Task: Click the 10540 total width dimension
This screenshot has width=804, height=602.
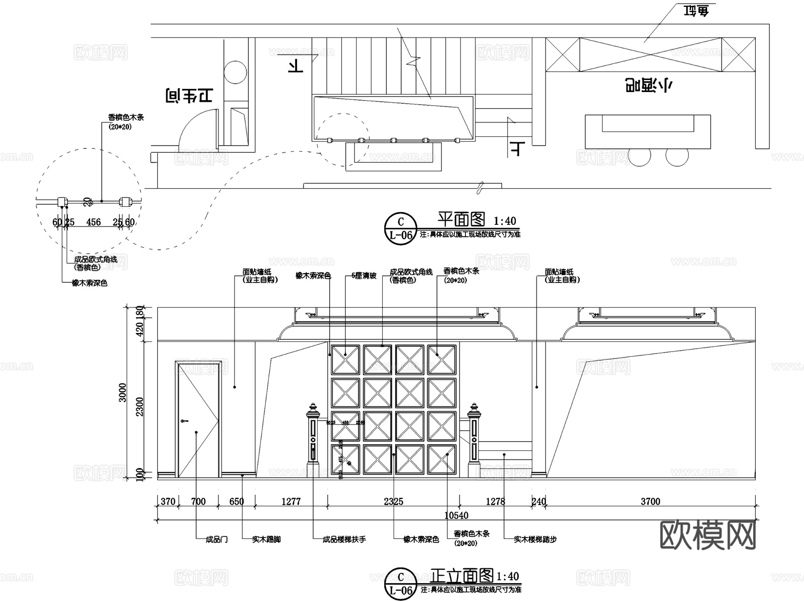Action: pyautogui.click(x=456, y=515)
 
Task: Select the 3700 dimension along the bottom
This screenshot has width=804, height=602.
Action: pyautogui.click(x=650, y=501)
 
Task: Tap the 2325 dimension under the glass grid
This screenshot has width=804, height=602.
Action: pyautogui.click(x=393, y=501)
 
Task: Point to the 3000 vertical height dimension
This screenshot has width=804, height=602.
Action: pyautogui.click(x=122, y=392)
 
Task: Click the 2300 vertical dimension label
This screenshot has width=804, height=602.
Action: pyautogui.click(x=140, y=406)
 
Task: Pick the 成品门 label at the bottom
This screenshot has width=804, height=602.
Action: pyautogui.click(x=217, y=539)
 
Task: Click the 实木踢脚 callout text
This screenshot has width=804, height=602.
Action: pyautogui.click(x=266, y=539)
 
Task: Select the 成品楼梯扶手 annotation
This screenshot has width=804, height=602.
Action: pyautogui.click(x=344, y=539)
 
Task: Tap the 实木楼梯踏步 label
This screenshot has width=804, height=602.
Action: pyautogui.click(x=535, y=539)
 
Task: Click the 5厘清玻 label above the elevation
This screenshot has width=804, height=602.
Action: pyautogui.click(x=364, y=276)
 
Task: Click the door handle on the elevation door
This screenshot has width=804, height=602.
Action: pyautogui.click(x=184, y=421)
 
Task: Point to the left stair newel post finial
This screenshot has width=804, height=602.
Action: pyautogui.click(x=313, y=408)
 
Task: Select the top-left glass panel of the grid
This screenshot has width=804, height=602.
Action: pyautogui.click(x=345, y=359)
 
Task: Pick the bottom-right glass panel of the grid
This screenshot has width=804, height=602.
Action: pyautogui.click(x=442, y=459)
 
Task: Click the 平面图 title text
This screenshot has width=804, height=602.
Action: pyautogui.click(x=461, y=219)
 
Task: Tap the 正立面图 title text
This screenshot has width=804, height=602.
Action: pyautogui.click(x=462, y=576)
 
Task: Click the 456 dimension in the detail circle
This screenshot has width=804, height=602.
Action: pyautogui.click(x=93, y=222)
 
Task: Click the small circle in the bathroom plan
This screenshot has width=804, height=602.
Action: pyautogui.click(x=235, y=72)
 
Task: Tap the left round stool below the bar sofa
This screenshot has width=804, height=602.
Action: pyautogui.click(x=640, y=156)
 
